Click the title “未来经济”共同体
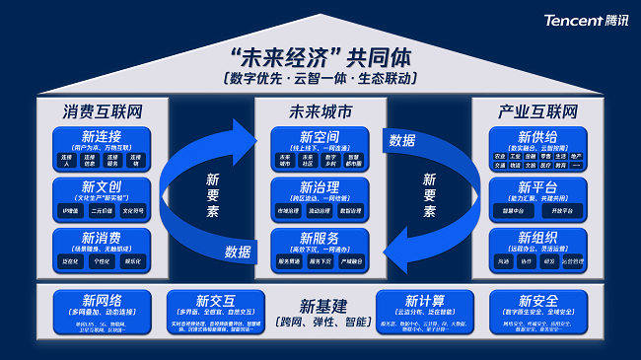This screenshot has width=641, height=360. click(320, 57)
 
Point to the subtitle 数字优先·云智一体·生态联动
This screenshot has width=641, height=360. click(320, 78)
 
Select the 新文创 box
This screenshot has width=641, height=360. click(103, 199)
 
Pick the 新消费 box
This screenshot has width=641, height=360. click(103, 251)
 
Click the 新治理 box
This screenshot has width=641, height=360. click(320, 199)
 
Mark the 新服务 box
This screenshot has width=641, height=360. click(320, 251)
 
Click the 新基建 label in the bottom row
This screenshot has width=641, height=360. click(321, 305)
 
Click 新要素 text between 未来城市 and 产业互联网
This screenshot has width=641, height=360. click(429, 196)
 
